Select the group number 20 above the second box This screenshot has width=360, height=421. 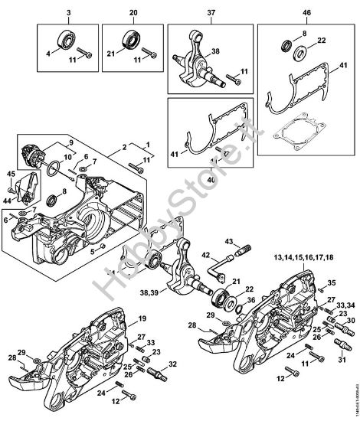pyautogui.click(x=134, y=14)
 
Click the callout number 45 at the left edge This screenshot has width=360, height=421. pyautogui.click(x=11, y=175)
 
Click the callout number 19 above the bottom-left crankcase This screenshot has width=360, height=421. pyautogui.click(x=142, y=318)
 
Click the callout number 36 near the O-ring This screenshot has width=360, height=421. pyautogui.click(x=250, y=299)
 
